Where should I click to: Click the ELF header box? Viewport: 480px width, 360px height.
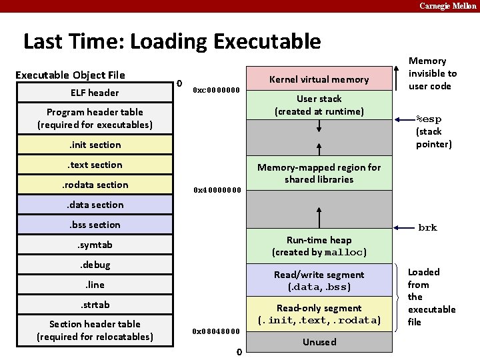(95, 93)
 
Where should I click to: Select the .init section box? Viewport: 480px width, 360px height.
(95, 145)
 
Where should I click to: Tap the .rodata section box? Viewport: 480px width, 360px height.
(95, 185)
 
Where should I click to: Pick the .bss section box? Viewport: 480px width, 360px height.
(95, 225)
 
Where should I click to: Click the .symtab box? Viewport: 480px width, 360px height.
(95, 245)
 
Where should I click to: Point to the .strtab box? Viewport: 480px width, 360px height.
(95, 305)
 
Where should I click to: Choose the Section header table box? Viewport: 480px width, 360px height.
(95, 330)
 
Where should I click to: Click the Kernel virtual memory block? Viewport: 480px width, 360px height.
(319, 79)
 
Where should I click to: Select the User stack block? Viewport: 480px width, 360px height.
(319, 105)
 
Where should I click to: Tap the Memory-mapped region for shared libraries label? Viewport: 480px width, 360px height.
(319, 173)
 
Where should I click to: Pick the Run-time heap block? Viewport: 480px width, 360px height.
(319, 246)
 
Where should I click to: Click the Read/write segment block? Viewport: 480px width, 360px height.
(319, 281)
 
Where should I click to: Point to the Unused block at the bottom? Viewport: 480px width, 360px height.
(319, 342)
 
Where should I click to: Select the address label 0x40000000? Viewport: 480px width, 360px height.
(216, 190)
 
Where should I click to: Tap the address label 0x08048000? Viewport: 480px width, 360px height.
(216, 331)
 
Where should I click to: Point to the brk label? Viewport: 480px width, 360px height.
(427, 228)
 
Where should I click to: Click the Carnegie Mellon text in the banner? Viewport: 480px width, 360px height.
(447, 6)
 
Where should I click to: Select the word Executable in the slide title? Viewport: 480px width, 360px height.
(267, 42)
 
